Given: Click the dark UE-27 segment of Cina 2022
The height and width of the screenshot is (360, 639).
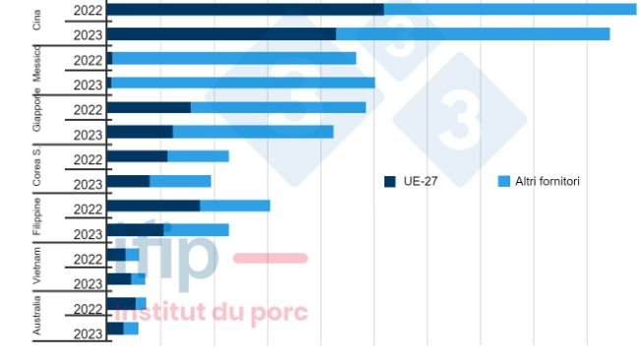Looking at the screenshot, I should (x=245, y=10).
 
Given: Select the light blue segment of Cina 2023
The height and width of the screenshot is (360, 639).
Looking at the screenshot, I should (x=472, y=34).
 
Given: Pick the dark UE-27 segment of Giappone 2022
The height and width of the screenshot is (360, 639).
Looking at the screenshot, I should (x=148, y=108).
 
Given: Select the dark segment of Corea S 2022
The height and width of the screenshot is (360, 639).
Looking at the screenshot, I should (x=137, y=157).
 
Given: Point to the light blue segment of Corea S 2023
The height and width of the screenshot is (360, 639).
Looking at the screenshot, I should (x=180, y=182).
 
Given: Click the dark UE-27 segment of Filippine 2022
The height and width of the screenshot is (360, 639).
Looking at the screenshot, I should (x=152, y=207).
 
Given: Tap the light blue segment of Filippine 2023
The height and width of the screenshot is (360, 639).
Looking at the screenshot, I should (x=197, y=231).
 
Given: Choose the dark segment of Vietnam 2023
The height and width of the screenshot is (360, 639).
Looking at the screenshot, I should (x=118, y=280).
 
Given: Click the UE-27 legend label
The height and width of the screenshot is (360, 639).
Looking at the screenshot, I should (x=421, y=182).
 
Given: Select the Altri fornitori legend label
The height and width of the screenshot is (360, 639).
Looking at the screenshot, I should (x=548, y=182).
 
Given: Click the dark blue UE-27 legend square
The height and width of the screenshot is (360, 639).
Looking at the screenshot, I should (x=389, y=182).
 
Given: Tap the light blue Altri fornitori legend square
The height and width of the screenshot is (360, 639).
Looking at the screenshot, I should (x=504, y=182).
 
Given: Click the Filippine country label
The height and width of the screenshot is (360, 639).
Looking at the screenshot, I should (x=37, y=218).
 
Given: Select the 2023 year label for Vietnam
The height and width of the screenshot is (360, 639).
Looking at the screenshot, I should (x=87, y=284).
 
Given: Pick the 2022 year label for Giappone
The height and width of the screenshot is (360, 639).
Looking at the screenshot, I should (x=87, y=110).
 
